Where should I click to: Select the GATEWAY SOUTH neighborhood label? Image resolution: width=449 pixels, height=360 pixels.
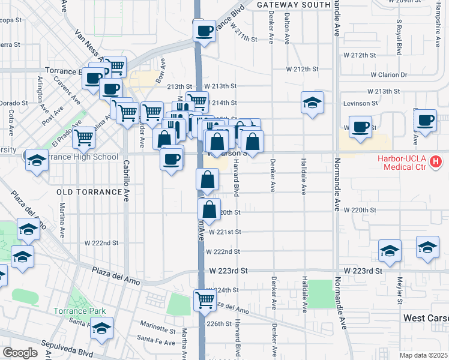click(294, 4)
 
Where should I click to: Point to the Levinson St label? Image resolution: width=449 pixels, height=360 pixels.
click(360, 103)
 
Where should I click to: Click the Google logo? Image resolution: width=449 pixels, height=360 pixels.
click(20, 353)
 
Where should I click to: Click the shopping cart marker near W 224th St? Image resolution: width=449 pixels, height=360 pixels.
click(205, 300)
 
